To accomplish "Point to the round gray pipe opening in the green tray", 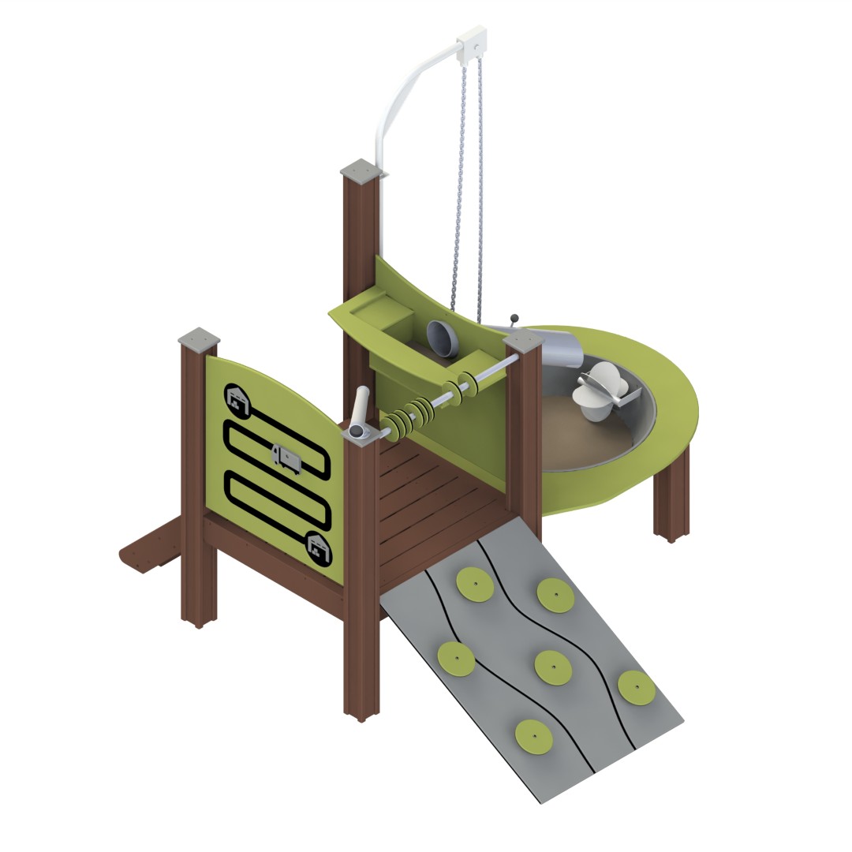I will (443, 338).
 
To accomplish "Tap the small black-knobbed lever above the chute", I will (515, 319).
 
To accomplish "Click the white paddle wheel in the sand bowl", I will (604, 390).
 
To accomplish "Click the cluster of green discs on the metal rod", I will (410, 416).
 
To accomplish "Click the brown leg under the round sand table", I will (671, 497).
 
